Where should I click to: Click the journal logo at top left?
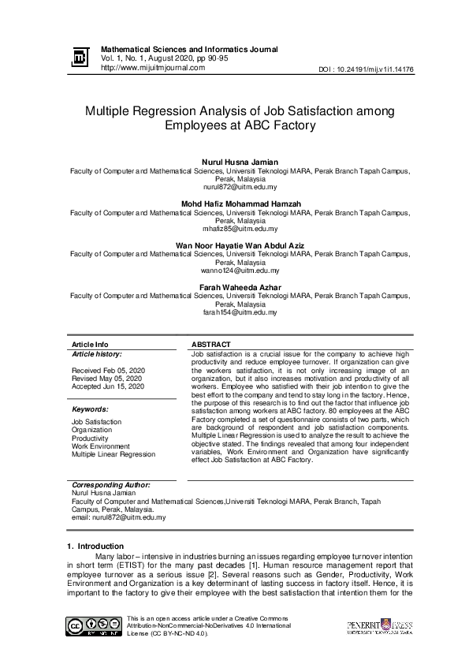pos(80,58)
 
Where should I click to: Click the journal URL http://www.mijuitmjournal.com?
pos(147,68)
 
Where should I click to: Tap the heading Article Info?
pos(90,345)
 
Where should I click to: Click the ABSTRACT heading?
pos(211,345)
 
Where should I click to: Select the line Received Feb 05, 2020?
pos(108,370)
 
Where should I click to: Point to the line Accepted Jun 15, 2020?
pos(108,386)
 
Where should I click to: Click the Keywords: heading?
pos(90,409)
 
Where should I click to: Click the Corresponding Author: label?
pos(110,484)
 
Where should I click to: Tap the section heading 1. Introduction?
pos(95,546)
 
